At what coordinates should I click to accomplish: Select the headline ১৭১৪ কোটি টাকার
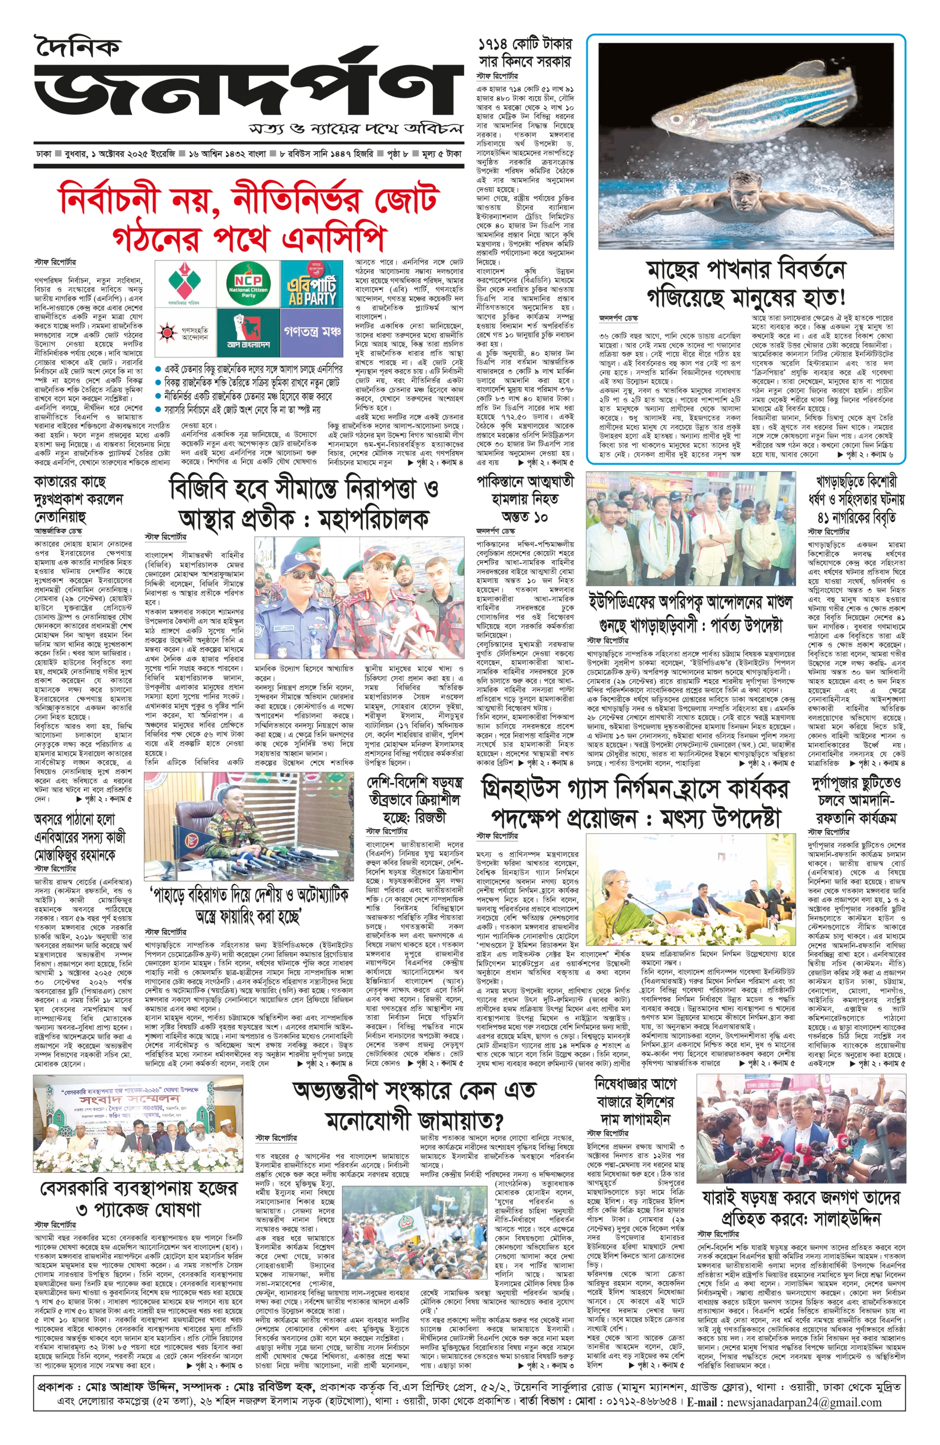525,44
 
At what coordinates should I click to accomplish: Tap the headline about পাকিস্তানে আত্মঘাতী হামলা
525,481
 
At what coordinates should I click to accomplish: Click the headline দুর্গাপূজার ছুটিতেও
856,783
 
